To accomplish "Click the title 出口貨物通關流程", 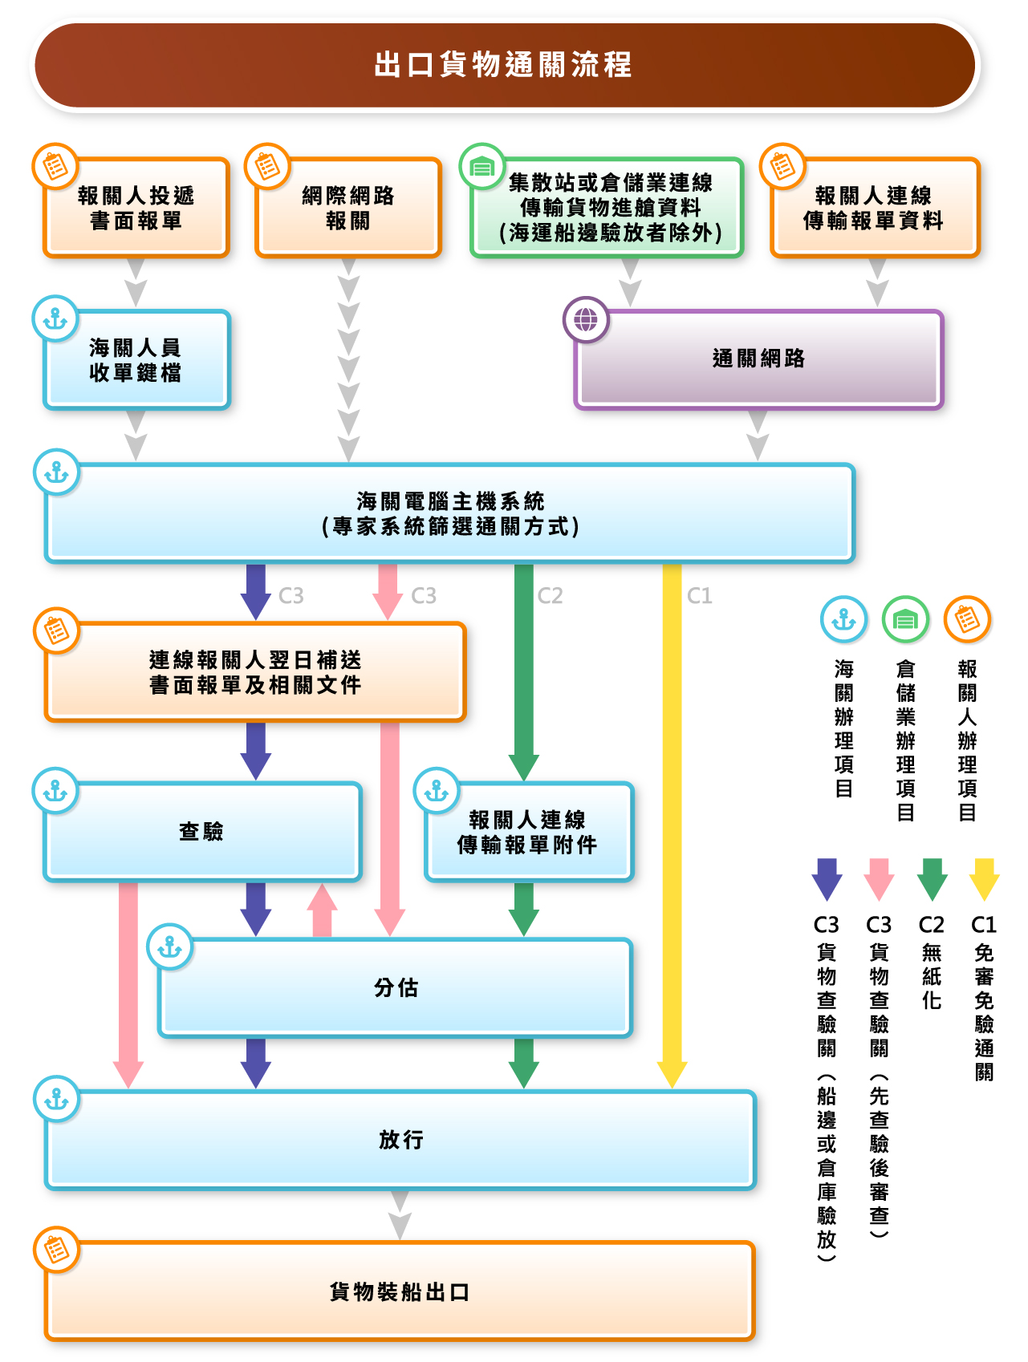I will pyautogui.click(x=504, y=65).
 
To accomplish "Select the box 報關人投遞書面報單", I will pyautogui.click(x=136, y=209).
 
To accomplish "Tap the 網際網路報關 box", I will pyautogui.click(x=348, y=209).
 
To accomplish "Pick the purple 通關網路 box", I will pyautogui.click(x=758, y=359).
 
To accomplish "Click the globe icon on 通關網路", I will pyautogui.click(x=586, y=319).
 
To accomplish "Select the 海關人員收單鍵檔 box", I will pyautogui.click(x=136, y=360).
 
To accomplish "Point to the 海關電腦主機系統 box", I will pyautogui.click(x=449, y=513).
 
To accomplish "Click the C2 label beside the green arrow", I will pyautogui.click(x=551, y=596).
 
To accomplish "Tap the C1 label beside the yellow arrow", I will pyautogui.click(x=700, y=596).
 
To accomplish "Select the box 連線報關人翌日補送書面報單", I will pyautogui.click(x=255, y=672).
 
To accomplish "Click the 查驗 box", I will pyautogui.click(x=202, y=832).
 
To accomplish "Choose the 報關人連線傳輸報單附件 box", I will pyautogui.click(x=528, y=832).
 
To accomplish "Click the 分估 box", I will pyautogui.click(x=396, y=988).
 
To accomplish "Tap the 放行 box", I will pyautogui.click(x=400, y=1140).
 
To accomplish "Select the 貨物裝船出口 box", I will pyautogui.click(x=400, y=1291).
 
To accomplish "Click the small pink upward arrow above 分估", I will pyautogui.click(x=322, y=910).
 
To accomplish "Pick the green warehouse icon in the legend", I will pyautogui.click(x=905, y=619).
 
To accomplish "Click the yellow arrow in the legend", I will pyautogui.click(x=984, y=879).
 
